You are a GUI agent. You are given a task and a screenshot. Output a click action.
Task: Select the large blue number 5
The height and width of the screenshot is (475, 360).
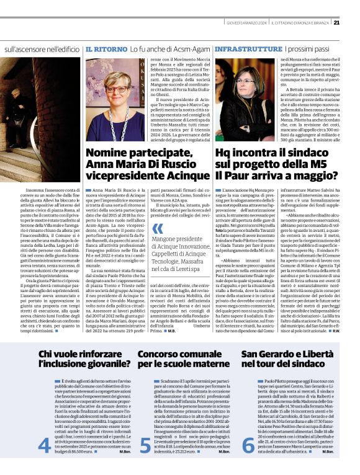coord(144,461)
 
